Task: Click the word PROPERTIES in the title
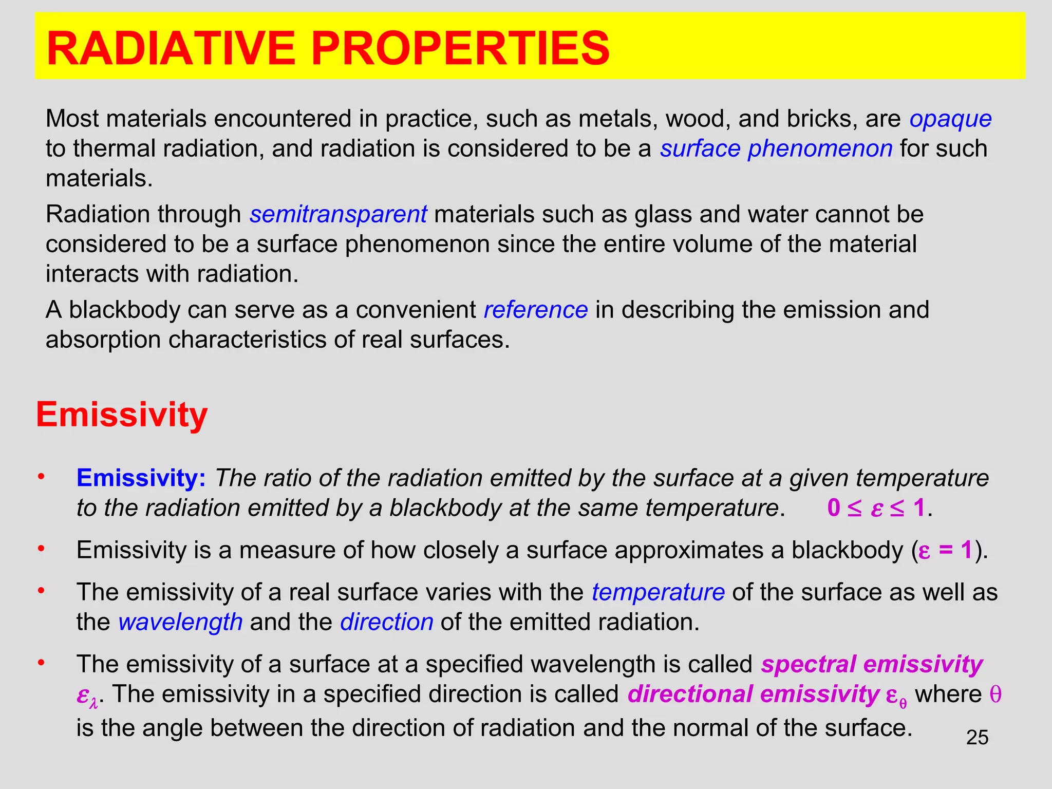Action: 460,48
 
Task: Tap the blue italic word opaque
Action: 950,119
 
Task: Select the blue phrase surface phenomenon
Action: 776,149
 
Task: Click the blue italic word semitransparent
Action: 338,214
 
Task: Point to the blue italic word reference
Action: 536,310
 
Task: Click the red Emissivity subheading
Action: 122,415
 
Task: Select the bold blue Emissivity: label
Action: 141,478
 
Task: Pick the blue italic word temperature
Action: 658,592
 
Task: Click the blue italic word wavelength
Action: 180,622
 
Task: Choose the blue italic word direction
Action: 387,622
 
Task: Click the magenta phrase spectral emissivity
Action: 872,664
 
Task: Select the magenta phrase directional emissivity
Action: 754,694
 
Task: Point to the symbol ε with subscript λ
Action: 86,696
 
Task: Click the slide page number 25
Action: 977,738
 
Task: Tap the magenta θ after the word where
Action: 995,694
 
